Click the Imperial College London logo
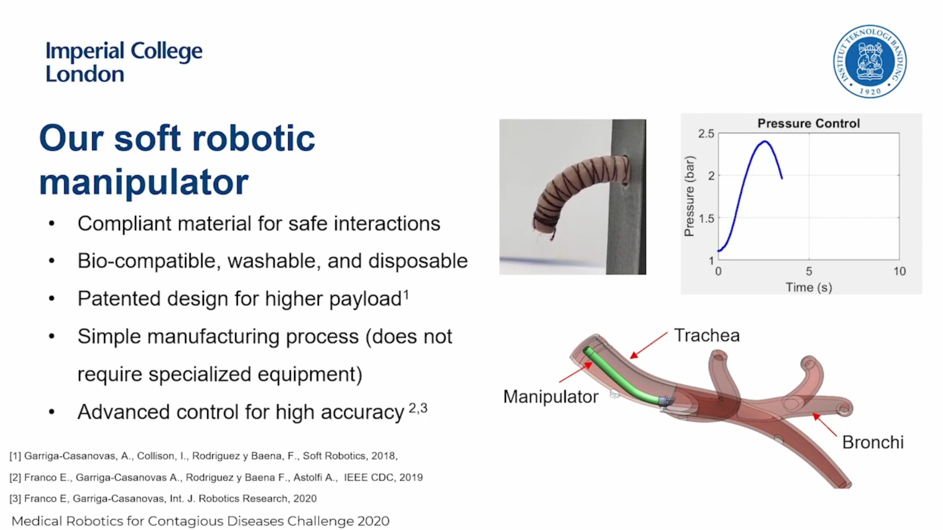coord(124,62)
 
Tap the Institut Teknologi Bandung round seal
coord(870,61)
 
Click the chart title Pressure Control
coord(808,123)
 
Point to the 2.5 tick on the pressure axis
coord(706,133)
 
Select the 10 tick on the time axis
coord(899,271)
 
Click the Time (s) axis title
coord(808,287)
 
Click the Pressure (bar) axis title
coord(690,196)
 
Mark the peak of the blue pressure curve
coord(765,142)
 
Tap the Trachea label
coord(706,336)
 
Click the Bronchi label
coord(873,442)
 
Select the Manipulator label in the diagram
coord(551,397)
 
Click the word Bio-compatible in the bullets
coord(147,261)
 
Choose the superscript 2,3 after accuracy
coord(418,408)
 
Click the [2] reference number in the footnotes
coord(15,477)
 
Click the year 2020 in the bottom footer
coord(373,521)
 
